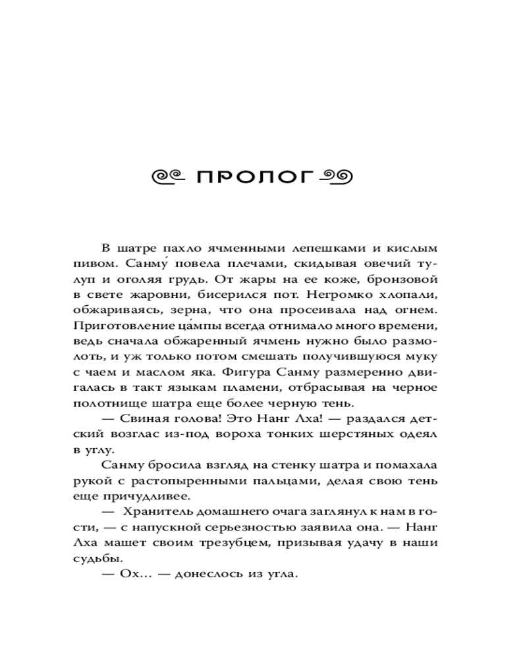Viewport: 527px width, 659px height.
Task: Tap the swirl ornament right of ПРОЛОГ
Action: pyautogui.click(x=337, y=177)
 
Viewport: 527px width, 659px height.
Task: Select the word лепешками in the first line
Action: pyautogui.click(x=319, y=248)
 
